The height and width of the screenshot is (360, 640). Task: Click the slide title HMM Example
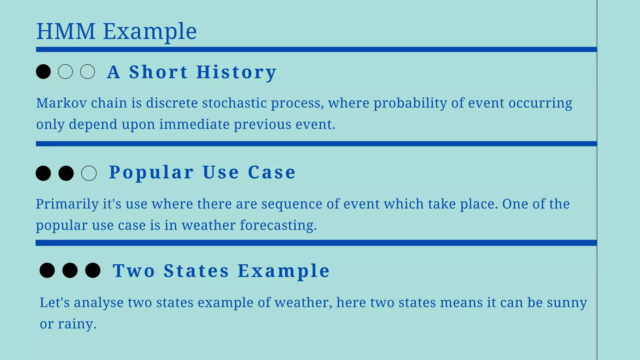[x=116, y=31]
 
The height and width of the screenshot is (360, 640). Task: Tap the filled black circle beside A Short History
[x=43, y=72]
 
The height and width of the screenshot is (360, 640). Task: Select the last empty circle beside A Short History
[x=87, y=72]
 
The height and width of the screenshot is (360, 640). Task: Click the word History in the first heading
[x=236, y=72]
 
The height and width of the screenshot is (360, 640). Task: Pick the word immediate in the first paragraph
[x=194, y=124]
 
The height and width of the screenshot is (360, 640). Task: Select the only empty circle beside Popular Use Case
[x=89, y=173]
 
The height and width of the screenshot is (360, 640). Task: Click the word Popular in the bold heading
[x=151, y=172]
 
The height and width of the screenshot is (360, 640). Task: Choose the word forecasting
[x=278, y=226]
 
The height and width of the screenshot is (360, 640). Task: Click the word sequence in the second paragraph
[x=292, y=204]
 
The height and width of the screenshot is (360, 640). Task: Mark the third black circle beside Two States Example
[x=93, y=270]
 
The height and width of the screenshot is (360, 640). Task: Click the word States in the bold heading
[x=196, y=271]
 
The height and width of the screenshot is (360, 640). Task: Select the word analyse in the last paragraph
[x=99, y=303]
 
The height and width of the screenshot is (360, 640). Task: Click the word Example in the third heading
[x=283, y=271]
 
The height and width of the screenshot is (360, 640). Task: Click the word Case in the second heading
[x=272, y=172]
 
